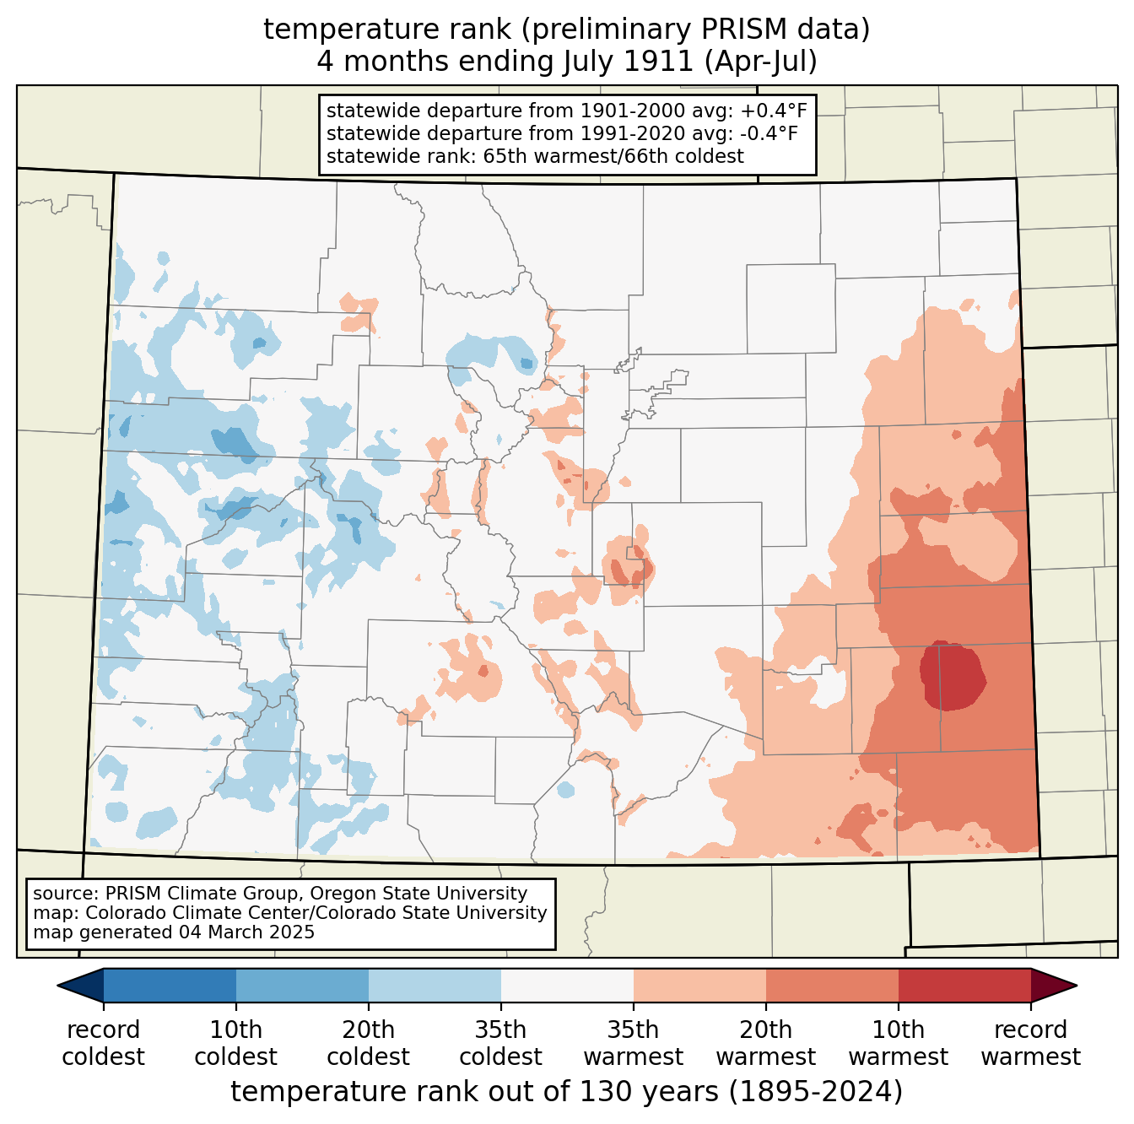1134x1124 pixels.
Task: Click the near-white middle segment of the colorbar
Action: click(x=567, y=985)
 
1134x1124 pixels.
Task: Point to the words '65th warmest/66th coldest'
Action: click(x=613, y=156)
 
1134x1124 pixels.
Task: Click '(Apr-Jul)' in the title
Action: click(x=760, y=62)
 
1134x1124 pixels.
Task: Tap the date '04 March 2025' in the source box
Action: click(x=243, y=932)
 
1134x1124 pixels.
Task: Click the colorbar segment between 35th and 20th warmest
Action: click(x=699, y=985)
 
